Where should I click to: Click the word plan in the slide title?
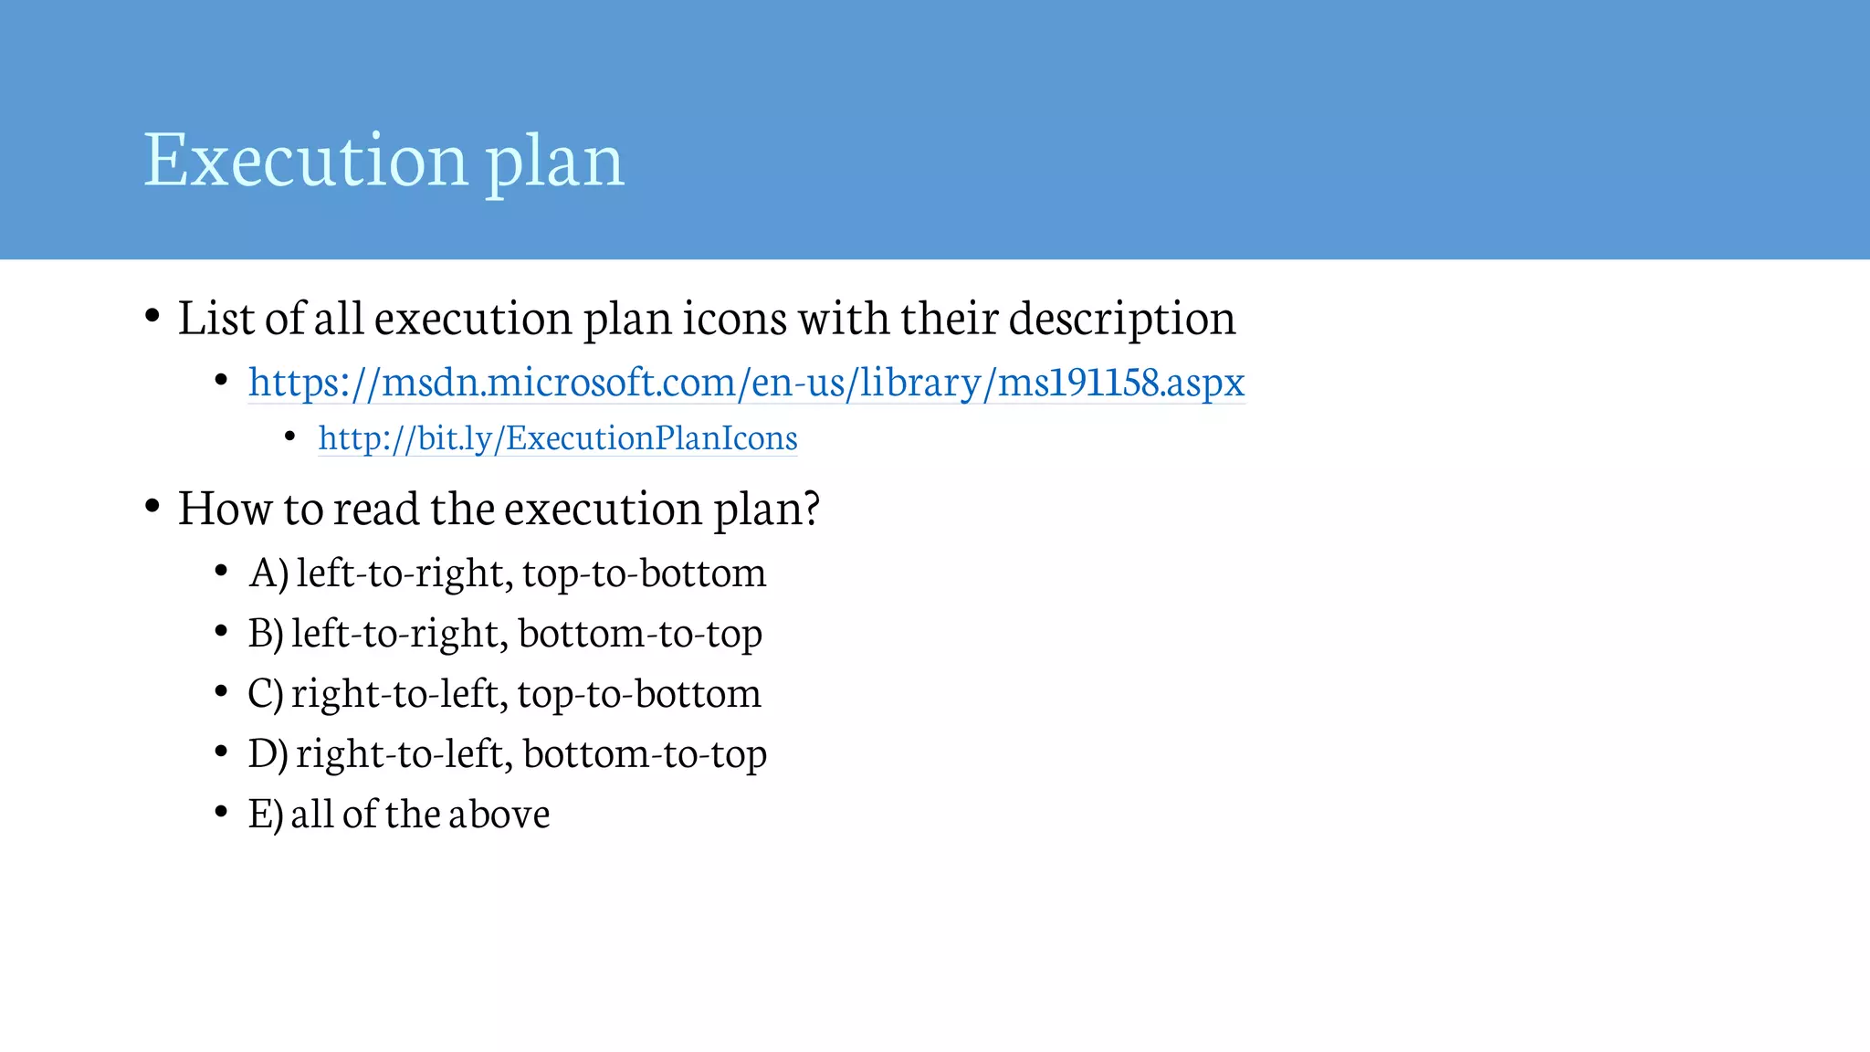click(554, 163)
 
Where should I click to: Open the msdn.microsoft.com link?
click(746, 382)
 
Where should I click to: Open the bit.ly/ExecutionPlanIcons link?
click(557, 438)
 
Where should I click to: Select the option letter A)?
click(268, 573)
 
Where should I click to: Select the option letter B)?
click(266, 633)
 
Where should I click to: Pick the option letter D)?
click(268, 753)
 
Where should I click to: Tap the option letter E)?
click(265, 814)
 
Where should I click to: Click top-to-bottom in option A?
click(645, 573)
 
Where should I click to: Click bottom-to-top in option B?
click(640, 634)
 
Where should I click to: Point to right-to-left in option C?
click(399, 693)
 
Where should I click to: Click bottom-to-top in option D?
click(645, 754)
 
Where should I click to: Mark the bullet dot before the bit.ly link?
click(289, 437)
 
